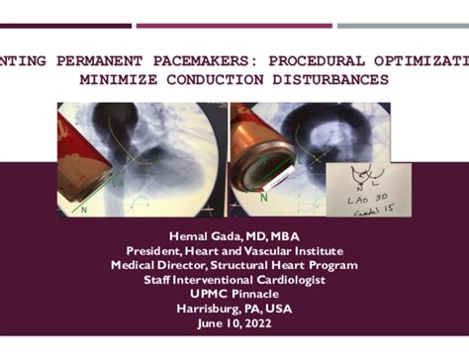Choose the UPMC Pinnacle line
[x=234, y=294]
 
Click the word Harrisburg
[x=204, y=309]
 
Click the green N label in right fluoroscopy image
[x=264, y=198]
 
